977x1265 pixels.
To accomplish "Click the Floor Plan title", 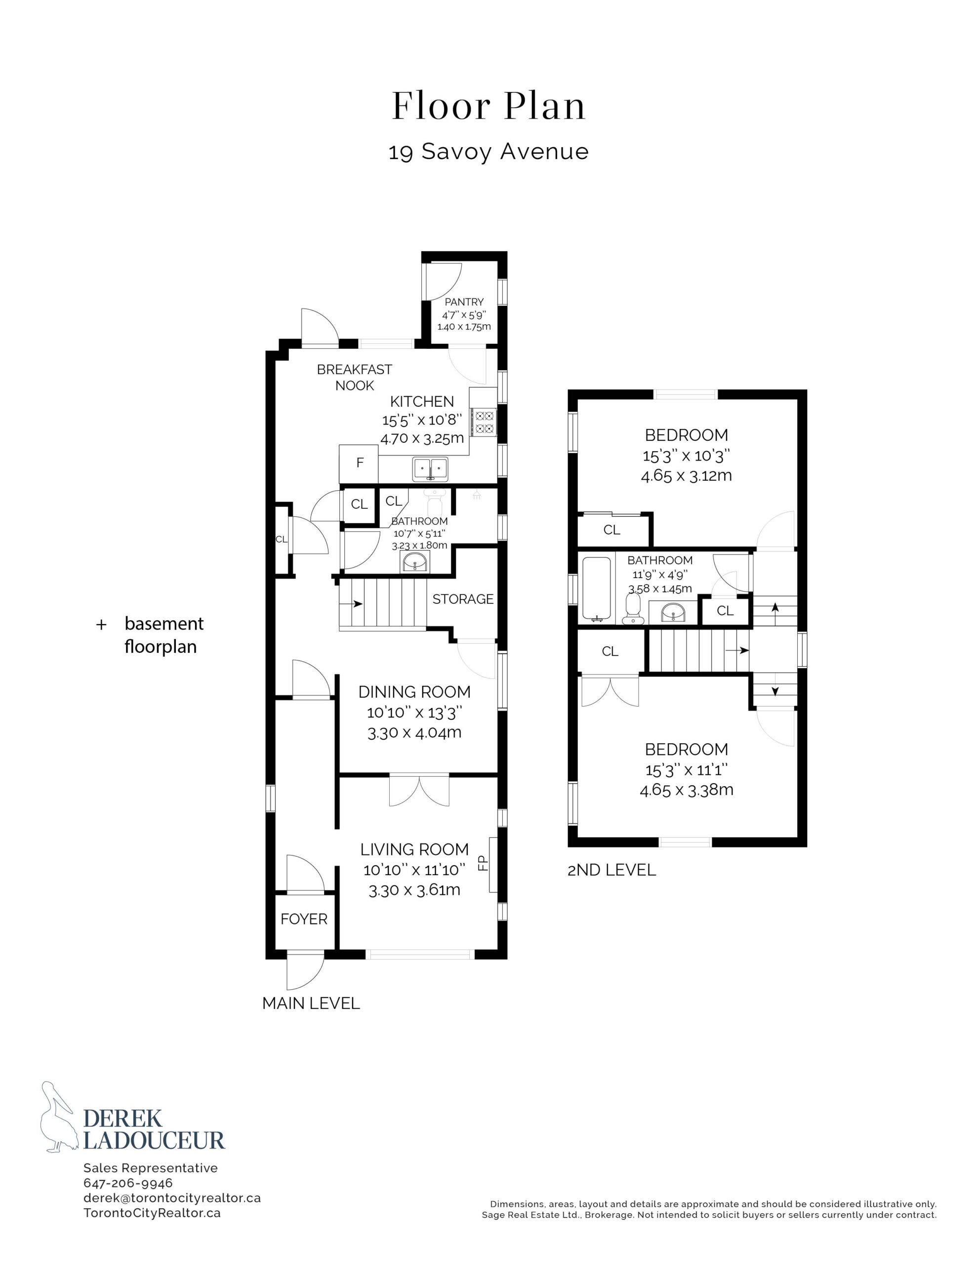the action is click(x=489, y=106).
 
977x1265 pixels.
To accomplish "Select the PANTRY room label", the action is click(x=464, y=302).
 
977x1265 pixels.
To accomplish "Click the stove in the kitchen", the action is click(x=484, y=422).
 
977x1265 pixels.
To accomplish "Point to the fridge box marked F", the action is click(x=359, y=464).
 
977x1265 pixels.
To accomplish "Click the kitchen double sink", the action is click(x=430, y=468).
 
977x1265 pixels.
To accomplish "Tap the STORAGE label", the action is click(x=463, y=599).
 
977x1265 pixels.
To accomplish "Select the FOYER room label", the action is click(x=304, y=919).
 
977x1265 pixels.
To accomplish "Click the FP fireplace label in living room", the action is click(x=483, y=864).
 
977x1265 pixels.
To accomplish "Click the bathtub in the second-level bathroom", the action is click(x=597, y=589).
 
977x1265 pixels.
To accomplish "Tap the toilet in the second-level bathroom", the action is click(x=633, y=609).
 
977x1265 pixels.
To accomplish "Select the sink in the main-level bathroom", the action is click(x=415, y=562).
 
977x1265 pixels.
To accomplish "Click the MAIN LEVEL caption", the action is click(x=311, y=1003).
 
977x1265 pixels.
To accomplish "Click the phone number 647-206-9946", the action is click(x=128, y=1183).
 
